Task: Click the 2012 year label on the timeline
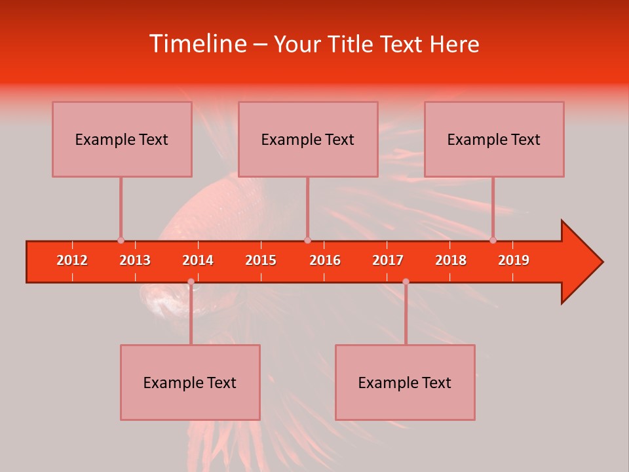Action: pyautogui.click(x=72, y=260)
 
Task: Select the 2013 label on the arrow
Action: pyautogui.click(x=135, y=260)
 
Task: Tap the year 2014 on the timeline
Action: pyautogui.click(x=198, y=260)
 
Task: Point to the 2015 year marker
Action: pyautogui.click(x=261, y=260)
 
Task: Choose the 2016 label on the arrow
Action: pyautogui.click(x=325, y=260)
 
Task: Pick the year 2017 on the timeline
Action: pyautogui.click(x=388, y=260)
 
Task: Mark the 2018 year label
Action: pyautogui.click(x=451, y=260)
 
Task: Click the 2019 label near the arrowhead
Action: pyautogui.click(x=514, y=260)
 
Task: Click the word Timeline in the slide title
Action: pyautogui.click(x=197, y=44)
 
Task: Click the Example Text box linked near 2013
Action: pyautogui.click(x=122, y=139)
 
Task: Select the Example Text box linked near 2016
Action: pyautogui.click(x=308, y=139)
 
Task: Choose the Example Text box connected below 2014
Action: pyautogui.click(x=190, y=382)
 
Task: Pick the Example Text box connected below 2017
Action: pyautogui.click(x=405, y=382)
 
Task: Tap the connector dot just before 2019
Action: pyautogui.click(x=493, y=240)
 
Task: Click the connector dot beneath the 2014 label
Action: pyautogui.click(x=191, y=282)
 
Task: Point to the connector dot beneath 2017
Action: pyautogui.click(x=406, y=282)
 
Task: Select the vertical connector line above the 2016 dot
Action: pyautogui.click(x=307, y=207)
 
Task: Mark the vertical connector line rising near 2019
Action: pyautogui.click(x=493, y=207)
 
